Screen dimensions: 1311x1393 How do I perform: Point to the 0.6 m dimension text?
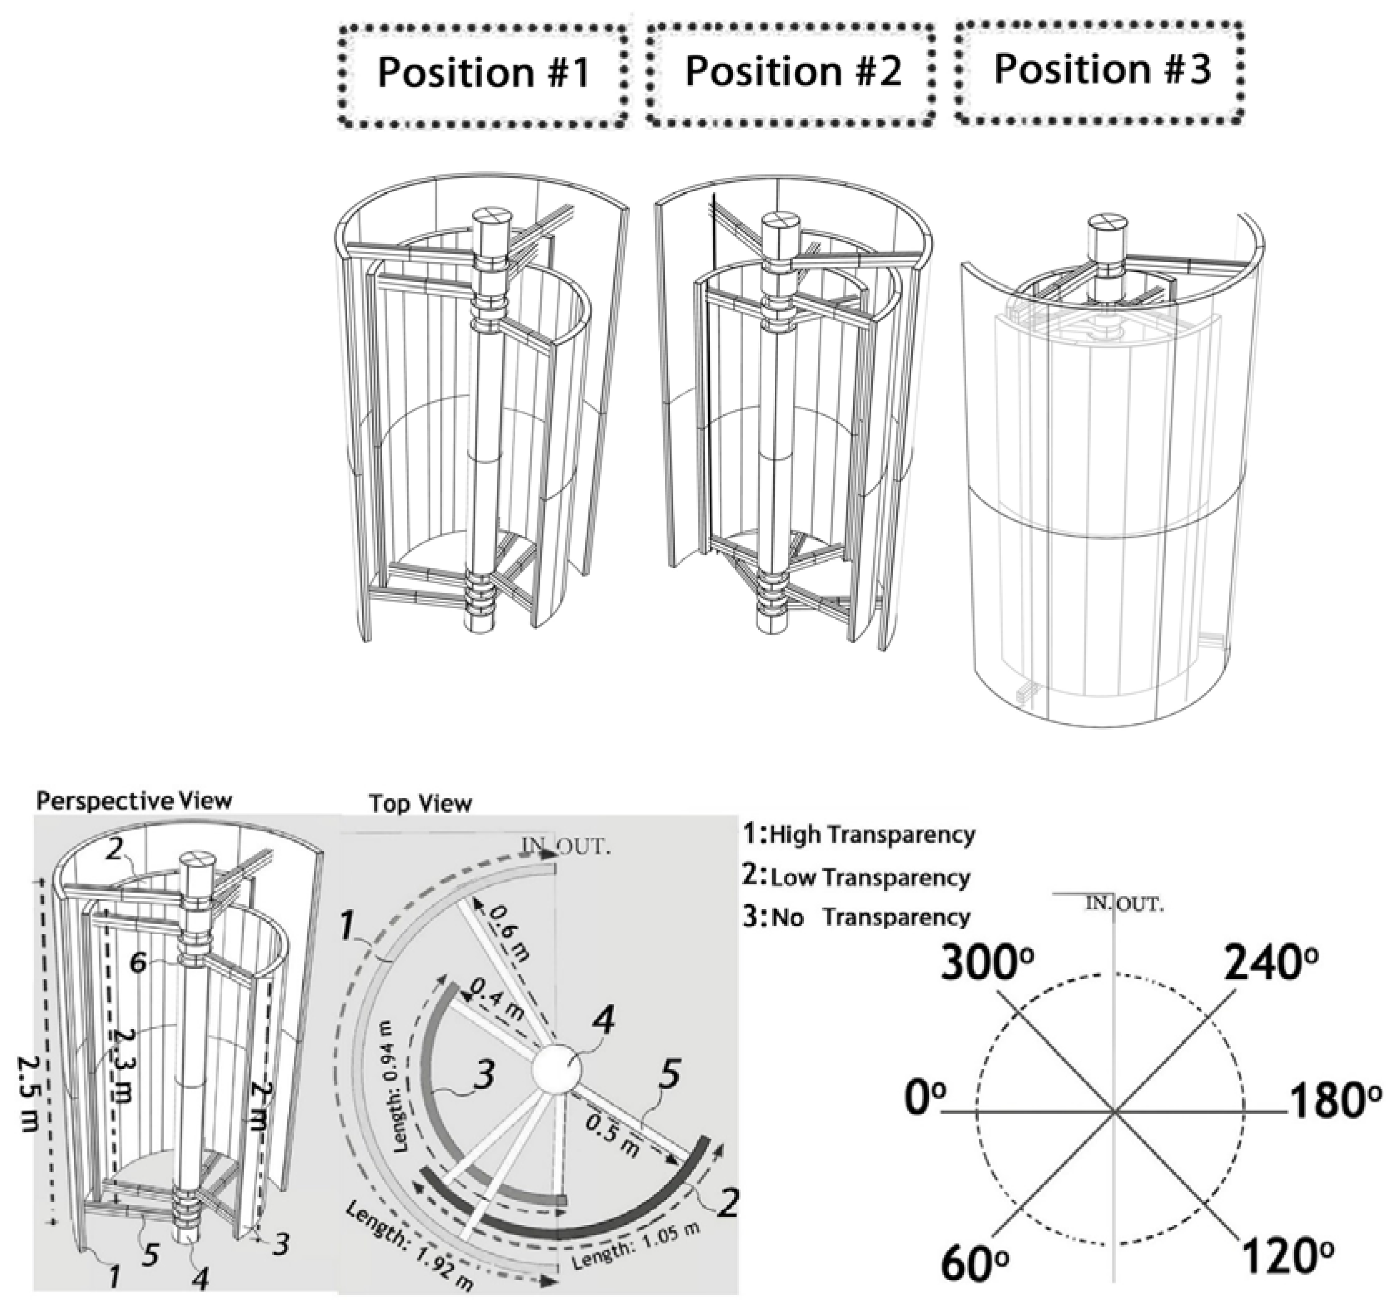pyautogui.click(x=510, y=932)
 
